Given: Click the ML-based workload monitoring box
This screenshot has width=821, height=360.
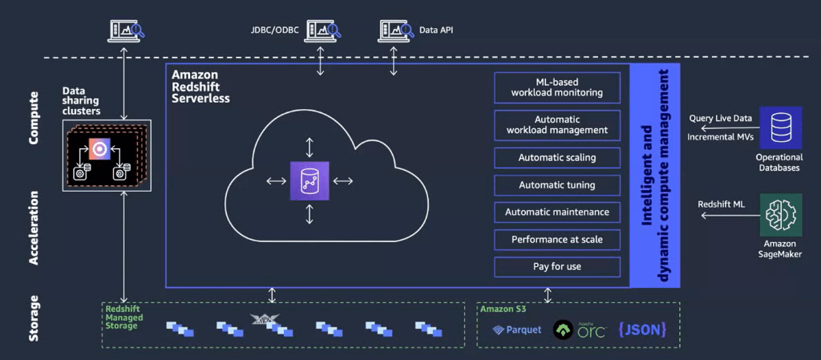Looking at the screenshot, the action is coord(557,87).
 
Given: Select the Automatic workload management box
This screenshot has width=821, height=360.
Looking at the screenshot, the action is coord(557,124).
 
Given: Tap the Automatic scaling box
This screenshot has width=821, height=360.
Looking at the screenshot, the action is coord(557,157).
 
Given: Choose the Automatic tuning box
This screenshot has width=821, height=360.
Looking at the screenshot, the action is coord(557,184).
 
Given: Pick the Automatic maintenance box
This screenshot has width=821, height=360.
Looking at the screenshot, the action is coord(557,212).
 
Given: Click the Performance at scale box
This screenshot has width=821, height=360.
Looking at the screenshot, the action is coord(557,239).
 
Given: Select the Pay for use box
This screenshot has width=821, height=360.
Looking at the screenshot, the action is coord(557,267).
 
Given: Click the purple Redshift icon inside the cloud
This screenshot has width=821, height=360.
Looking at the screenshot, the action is coord(309,180).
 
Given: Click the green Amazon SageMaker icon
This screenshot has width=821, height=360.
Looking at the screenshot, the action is coord(781,215).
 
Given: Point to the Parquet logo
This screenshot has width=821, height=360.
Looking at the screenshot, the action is coord(517,330).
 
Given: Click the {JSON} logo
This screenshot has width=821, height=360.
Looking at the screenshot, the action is coord(642,329).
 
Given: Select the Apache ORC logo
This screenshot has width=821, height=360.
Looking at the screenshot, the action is coord(580,330).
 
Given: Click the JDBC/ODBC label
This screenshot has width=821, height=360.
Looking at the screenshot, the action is coord(274,30).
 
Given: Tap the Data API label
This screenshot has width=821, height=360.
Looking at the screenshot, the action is coord(436,30).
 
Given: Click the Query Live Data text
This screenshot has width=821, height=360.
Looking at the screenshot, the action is coord(721,118).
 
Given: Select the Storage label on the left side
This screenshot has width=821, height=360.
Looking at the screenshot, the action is coord(33,318).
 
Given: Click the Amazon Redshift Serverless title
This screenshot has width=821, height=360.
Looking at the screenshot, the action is coord(200,87).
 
